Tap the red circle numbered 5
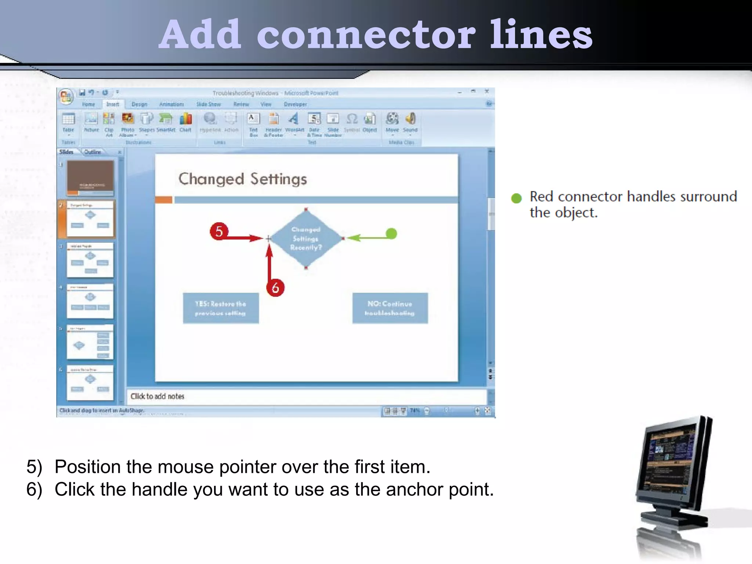[x=219, y=231]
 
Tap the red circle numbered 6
[x=275, y=288]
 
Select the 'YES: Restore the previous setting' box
[x=221, y=308]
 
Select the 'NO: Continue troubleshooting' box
[x=390, y=308]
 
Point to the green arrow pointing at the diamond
[x=367, y=238]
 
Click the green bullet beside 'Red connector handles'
[x=516, y=198]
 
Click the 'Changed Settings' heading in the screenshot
[x=242, y=179]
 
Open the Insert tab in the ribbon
[x=113, y=104]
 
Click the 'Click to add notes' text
[x=157, y=397]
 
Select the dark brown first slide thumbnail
[x=90, y=178]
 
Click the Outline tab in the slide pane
[x=93, y=152]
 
